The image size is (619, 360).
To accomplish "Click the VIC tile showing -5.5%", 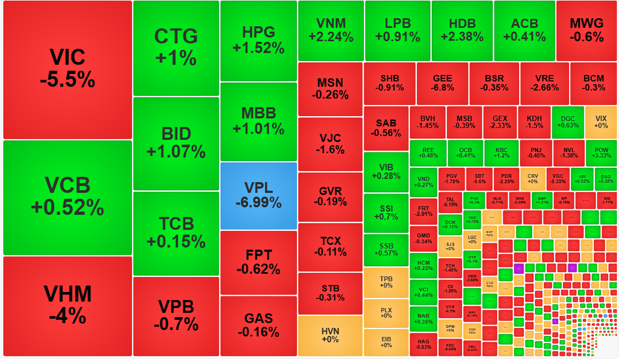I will point(67,69).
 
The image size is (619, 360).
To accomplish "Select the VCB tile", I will point(67,197).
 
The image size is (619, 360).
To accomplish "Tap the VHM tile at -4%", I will point(67,305).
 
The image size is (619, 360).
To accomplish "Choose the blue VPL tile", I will point(258,196).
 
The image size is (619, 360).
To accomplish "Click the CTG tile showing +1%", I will point(176,48).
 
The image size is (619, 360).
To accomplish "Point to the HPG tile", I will point(258,40).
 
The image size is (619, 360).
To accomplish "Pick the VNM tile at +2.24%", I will point(330,30).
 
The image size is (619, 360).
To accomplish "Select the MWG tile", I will point(586,30).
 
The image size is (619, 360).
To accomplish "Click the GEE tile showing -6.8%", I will point(442,83).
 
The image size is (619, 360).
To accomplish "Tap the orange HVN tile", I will point(330,335).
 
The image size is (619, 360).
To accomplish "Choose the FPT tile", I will point(258,262).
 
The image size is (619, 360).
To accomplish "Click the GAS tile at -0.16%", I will point(258,325).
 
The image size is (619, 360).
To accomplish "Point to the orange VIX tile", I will point(601,122).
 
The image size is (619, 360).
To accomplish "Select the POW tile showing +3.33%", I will point(601,153).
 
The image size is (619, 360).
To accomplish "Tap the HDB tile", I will point(462,30).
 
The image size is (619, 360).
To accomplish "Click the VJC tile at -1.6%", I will point(330,144).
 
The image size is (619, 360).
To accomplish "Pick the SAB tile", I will point(386,128).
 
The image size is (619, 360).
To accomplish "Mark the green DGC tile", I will point(568,122).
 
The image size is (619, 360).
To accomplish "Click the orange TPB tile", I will point(386,282).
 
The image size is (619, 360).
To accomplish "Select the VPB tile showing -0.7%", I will point(176,316).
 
